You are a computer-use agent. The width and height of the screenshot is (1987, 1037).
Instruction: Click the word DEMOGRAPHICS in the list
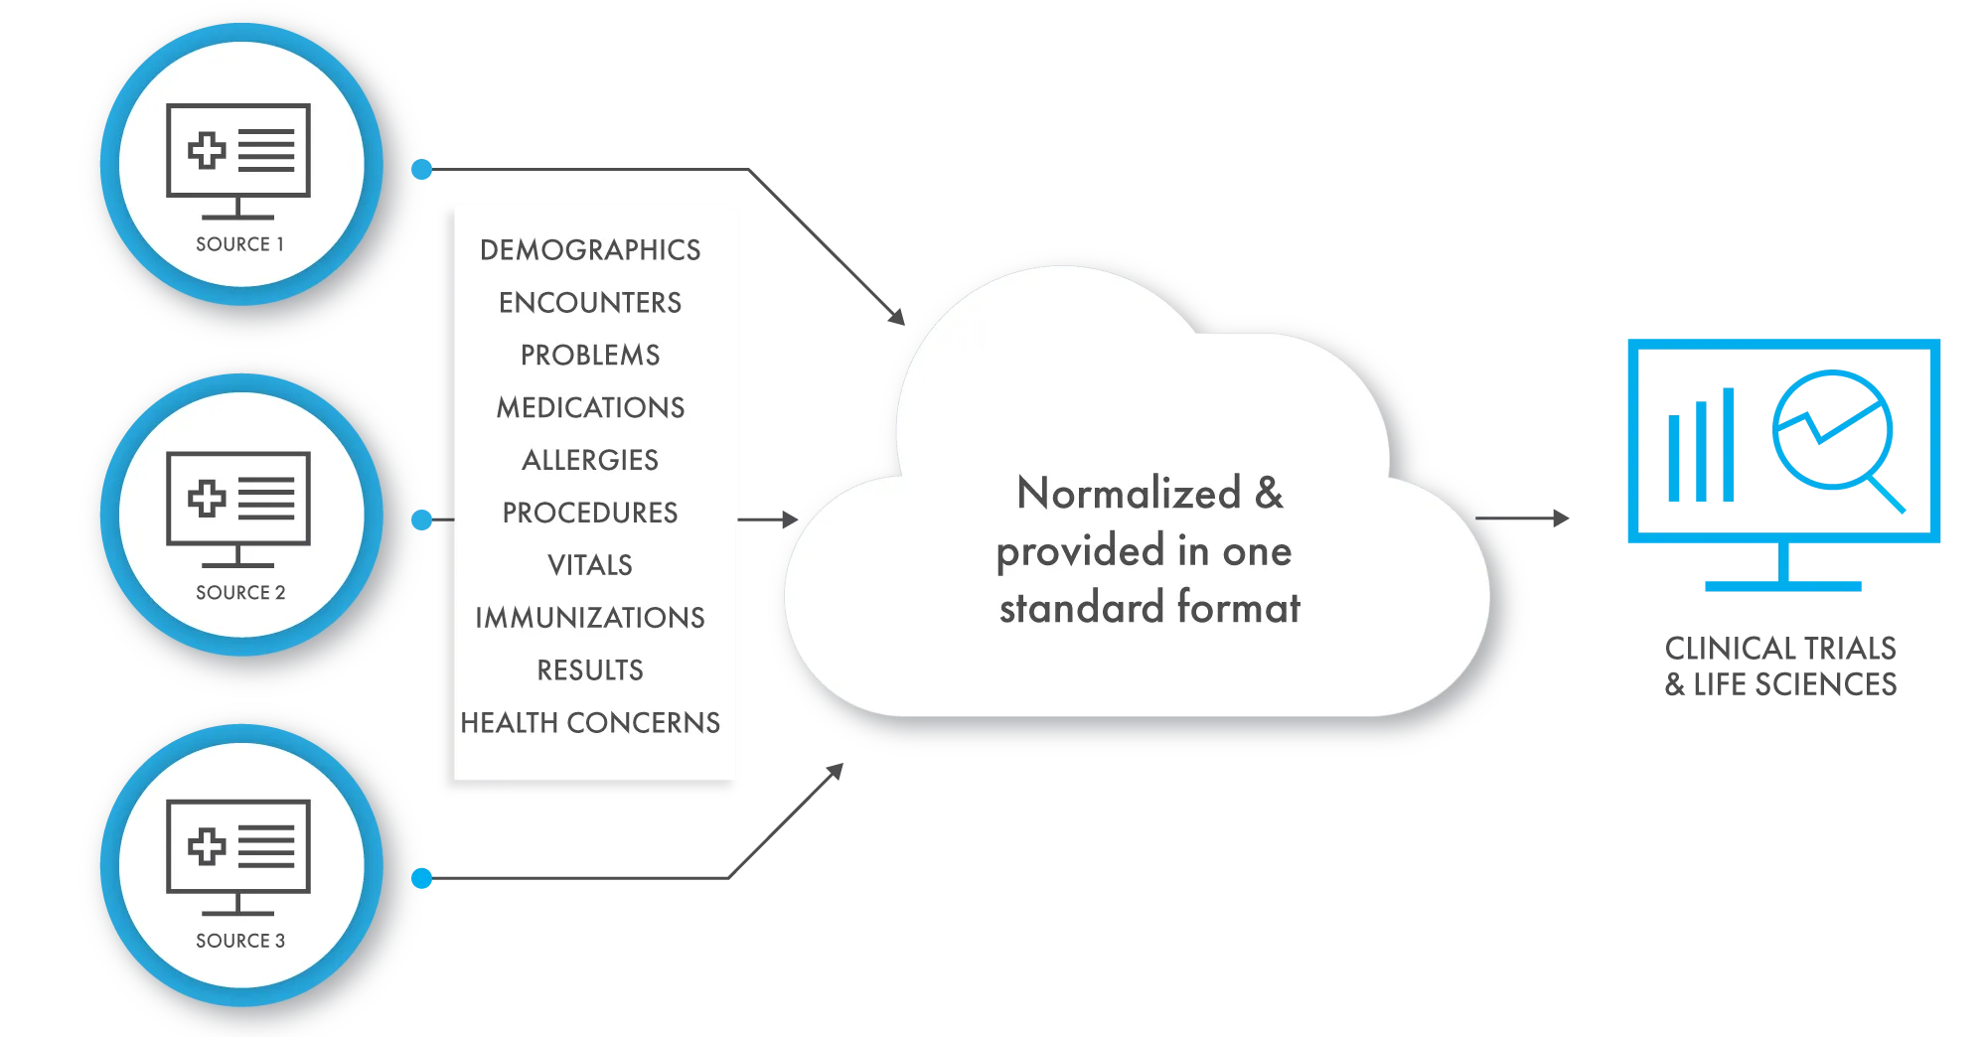click(590, 250)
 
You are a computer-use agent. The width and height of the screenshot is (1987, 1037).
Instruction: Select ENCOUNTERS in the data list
click(590, 303)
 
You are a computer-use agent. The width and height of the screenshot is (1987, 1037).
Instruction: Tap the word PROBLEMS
click(590, 356)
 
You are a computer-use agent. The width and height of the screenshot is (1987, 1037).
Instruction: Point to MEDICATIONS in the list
click(590, 408)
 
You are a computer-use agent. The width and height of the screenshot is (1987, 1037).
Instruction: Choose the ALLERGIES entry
click(590, 460)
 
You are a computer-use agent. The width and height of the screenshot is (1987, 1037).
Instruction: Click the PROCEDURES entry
click(590, 513)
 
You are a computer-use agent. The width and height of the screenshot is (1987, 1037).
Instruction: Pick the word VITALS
click(590, 565)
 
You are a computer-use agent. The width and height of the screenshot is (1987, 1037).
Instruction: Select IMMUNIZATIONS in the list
click(590, 618)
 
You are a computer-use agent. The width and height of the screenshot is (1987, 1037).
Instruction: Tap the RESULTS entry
click(590, 670)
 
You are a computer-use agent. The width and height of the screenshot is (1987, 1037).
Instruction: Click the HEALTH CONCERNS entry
click(590, 723)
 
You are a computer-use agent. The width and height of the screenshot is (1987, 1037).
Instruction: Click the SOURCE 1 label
click(239, 244)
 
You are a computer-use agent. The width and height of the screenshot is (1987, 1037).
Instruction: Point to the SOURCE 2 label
click(240, 593)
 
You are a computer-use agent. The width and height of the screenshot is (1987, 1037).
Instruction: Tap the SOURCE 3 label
click(240, 941)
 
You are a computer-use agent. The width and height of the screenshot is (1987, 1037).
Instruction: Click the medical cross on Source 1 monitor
click(207, 151)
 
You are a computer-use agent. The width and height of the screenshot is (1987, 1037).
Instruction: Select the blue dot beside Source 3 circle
click(423, 878)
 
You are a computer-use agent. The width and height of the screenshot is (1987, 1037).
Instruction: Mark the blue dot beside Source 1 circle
click(423, 170)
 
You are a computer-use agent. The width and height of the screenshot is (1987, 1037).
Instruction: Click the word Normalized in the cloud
click(1129, 494)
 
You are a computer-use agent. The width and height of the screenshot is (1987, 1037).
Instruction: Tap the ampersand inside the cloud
click(1269, 494)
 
